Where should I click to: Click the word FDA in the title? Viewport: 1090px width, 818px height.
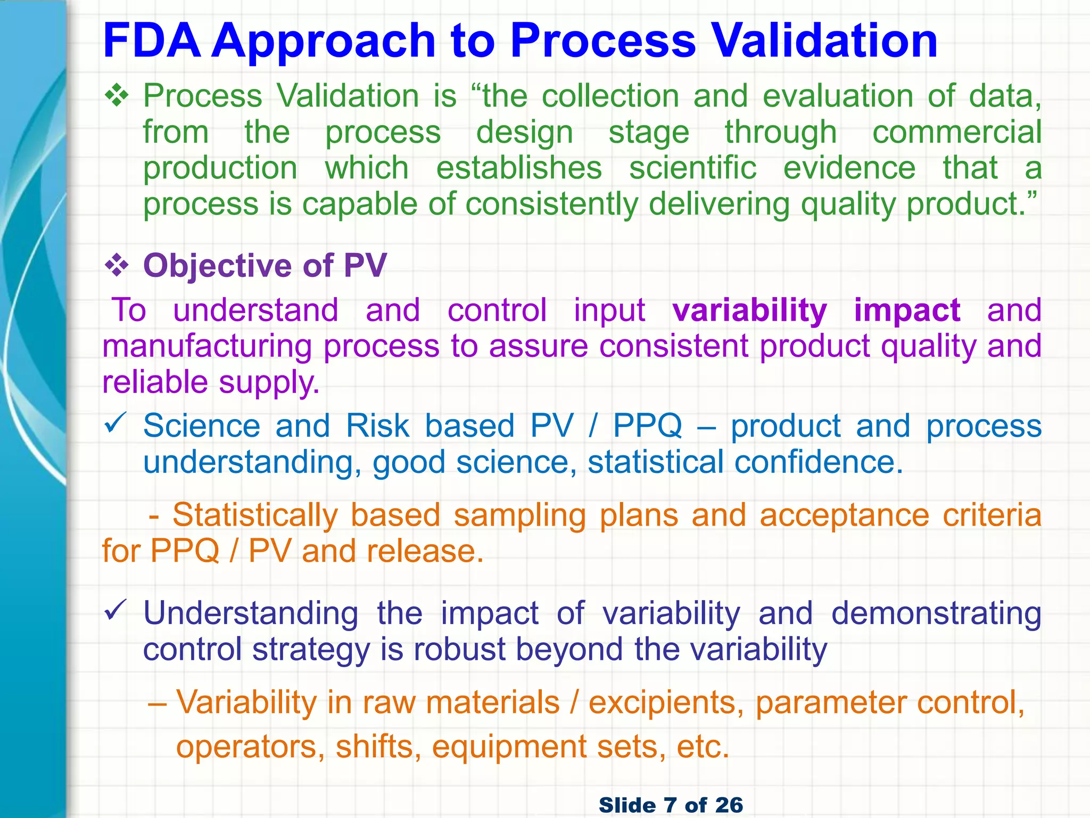pos(152,41)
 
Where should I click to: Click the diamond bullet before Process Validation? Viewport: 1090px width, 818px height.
pos(117,96)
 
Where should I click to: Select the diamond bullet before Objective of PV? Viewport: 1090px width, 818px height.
pos(117,266)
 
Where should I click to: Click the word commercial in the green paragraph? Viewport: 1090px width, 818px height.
pos(956,132)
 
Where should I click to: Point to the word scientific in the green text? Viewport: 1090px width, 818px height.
pos(692,168)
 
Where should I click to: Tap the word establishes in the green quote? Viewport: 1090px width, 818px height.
pos(519,168)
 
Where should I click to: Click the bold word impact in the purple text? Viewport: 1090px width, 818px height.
pos(907,310)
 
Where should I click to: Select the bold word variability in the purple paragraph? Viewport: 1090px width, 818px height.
pos(749,311)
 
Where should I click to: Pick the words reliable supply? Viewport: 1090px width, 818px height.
pos(211,383)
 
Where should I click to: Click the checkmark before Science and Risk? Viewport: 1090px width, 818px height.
pos(115,423)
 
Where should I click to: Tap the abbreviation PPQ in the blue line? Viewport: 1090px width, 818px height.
pos(647,426)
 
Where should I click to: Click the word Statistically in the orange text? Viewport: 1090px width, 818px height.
pos(255,516)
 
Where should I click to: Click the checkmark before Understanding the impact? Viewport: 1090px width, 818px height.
pos(115,610)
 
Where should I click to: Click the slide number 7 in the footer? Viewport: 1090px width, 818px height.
pos(670,805)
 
